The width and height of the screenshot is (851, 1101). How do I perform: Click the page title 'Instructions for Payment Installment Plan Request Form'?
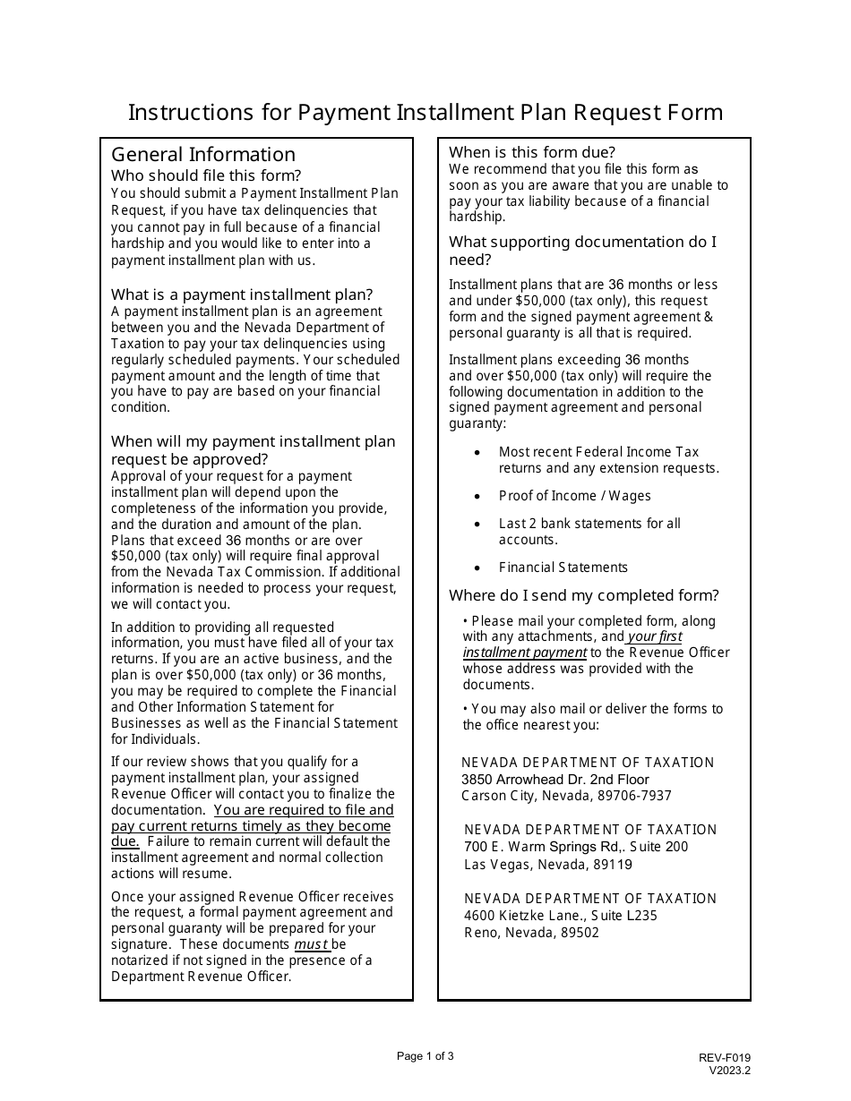point(425,112)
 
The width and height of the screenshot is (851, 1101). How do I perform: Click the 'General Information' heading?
point(202,154)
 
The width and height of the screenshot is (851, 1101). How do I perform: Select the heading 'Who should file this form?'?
point(206,175)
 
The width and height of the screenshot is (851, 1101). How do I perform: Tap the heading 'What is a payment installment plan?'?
point(242,294)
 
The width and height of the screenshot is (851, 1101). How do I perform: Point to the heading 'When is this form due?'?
point(532,152)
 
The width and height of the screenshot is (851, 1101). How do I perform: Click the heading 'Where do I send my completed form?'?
point(584,595)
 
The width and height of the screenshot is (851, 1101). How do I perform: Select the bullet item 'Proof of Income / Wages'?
point(574,496)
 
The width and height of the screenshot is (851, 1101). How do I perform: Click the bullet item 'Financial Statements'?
point(563,568)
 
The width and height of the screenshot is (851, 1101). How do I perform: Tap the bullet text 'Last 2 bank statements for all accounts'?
point(589,531)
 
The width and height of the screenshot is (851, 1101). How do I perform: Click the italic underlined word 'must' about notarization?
point(311,944)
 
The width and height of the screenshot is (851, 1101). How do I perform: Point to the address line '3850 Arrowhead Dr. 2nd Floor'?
point(555,780)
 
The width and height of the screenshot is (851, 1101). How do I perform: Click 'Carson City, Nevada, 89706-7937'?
point(566,796)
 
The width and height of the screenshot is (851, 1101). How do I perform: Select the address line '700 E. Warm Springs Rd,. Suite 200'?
point(576,847)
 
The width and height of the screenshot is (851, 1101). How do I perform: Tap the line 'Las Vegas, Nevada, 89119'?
point(548,865)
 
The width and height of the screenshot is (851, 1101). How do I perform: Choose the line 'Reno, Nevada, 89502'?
point(532,933)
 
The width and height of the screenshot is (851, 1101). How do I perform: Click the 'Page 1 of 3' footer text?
point(425,1056)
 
